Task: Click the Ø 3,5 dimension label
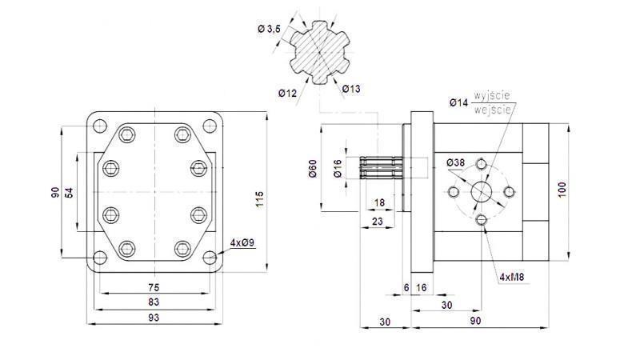point(269,29)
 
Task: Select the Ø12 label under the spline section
point(288,94)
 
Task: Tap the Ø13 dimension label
point(351,89)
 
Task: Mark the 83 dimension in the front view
point(152,302)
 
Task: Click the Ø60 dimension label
point(314,169)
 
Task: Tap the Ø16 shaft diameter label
point(338,169)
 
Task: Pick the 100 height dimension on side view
point(562,190)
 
